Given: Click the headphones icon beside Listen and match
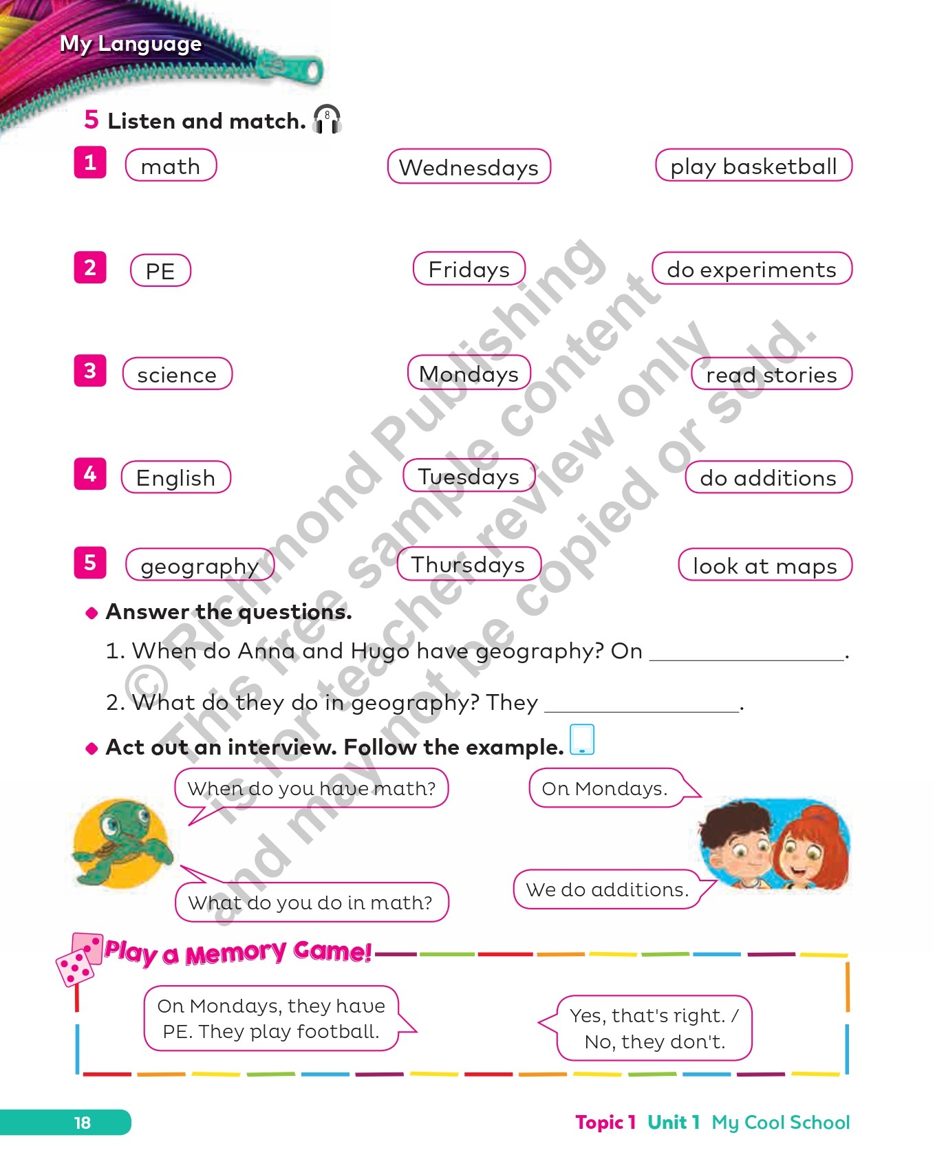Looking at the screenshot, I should (327, 120).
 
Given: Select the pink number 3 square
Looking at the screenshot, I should (90, 371).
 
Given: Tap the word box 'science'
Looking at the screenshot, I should (177, 374).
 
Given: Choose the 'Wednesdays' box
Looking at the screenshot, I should (469, 167).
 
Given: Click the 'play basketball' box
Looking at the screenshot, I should (753, 166).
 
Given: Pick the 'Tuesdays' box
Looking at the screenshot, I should (469, 476).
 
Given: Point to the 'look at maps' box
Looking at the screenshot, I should (764, 565).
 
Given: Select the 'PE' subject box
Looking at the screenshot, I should (160, 270).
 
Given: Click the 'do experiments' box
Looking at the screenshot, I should (751, 269).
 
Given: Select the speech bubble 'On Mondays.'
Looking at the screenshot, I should (605, 788).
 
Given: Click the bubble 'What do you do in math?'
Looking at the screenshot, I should (311, 902).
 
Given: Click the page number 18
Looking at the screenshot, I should (82, 1123).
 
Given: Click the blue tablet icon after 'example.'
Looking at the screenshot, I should (582, 739).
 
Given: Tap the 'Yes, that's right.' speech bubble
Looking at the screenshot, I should (654, 1028).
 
